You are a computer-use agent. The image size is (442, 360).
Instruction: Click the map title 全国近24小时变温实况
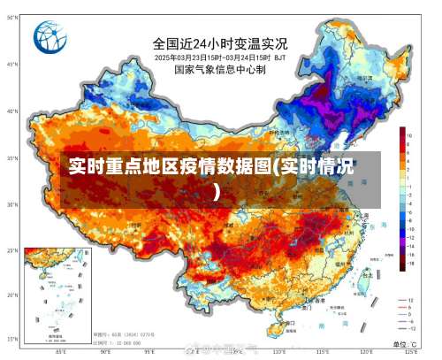pyautogui.click(x=220, y=42)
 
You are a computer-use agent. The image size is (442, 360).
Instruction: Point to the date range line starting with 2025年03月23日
pyautogui.click(x=220, y=57)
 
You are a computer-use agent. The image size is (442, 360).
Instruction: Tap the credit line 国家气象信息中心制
pyautogui.click(x=220, y=69)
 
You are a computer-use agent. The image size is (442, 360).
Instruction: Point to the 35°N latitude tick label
pyautogui.click(x=12, y=157)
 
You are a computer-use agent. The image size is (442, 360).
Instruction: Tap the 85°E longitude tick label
pyautogui.click(x=60, y=352)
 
